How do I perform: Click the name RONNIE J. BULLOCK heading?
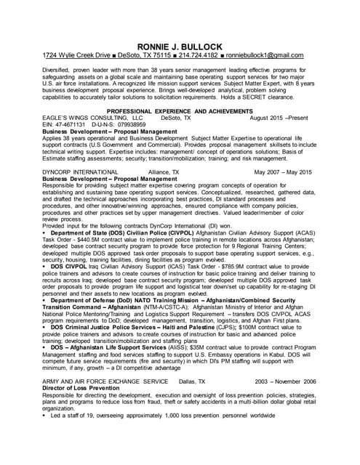pyautogui.click(x=180, y=46)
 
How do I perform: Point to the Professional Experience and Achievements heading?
pyautogui.click(x=179, y=110)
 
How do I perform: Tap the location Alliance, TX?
pyautogui.click(x=165, y=172)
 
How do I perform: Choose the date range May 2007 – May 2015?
pyautogui.click(x=282, y=172)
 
